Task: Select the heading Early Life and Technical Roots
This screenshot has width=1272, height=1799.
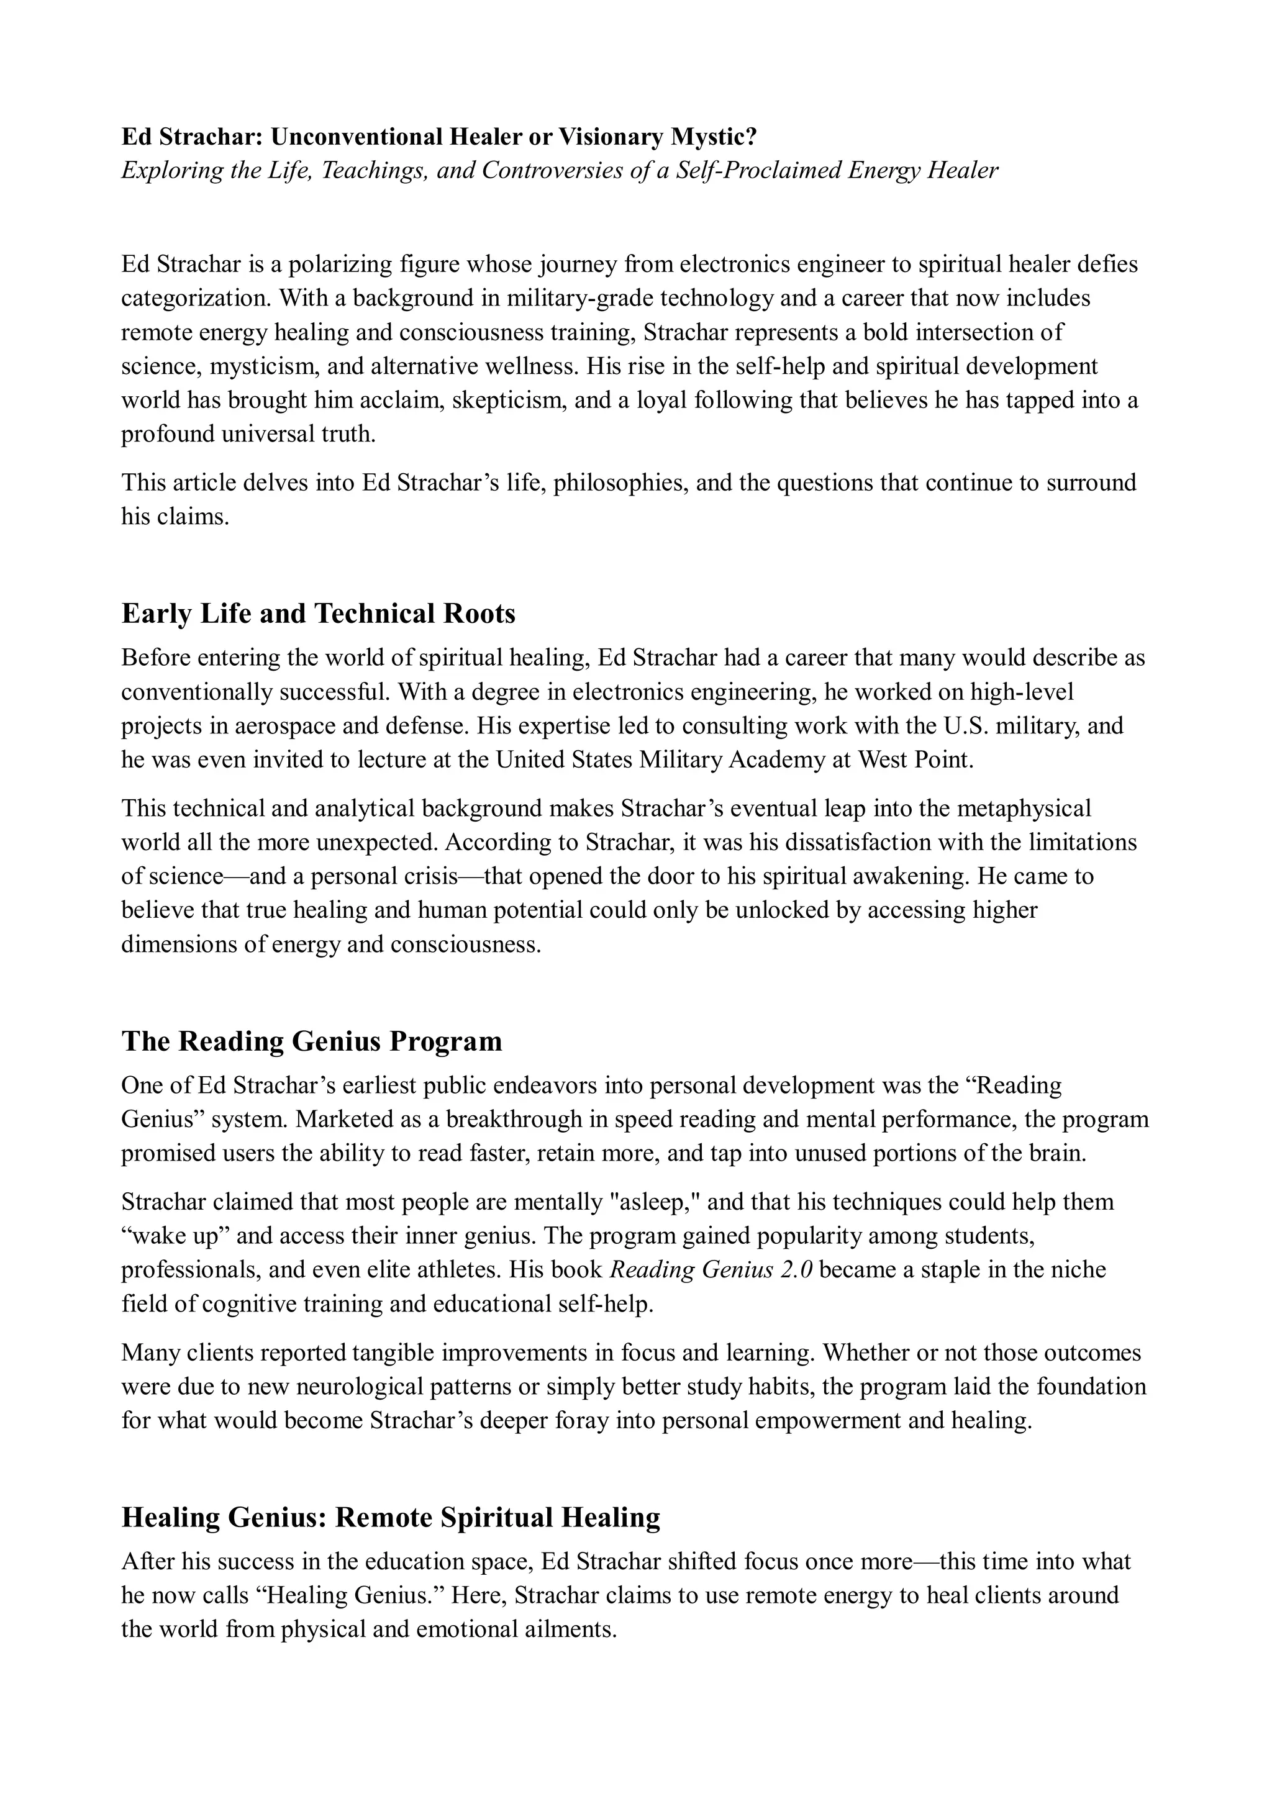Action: (x=318, y=614)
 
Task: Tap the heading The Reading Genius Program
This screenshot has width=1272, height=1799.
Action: (x=311, y=1041)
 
